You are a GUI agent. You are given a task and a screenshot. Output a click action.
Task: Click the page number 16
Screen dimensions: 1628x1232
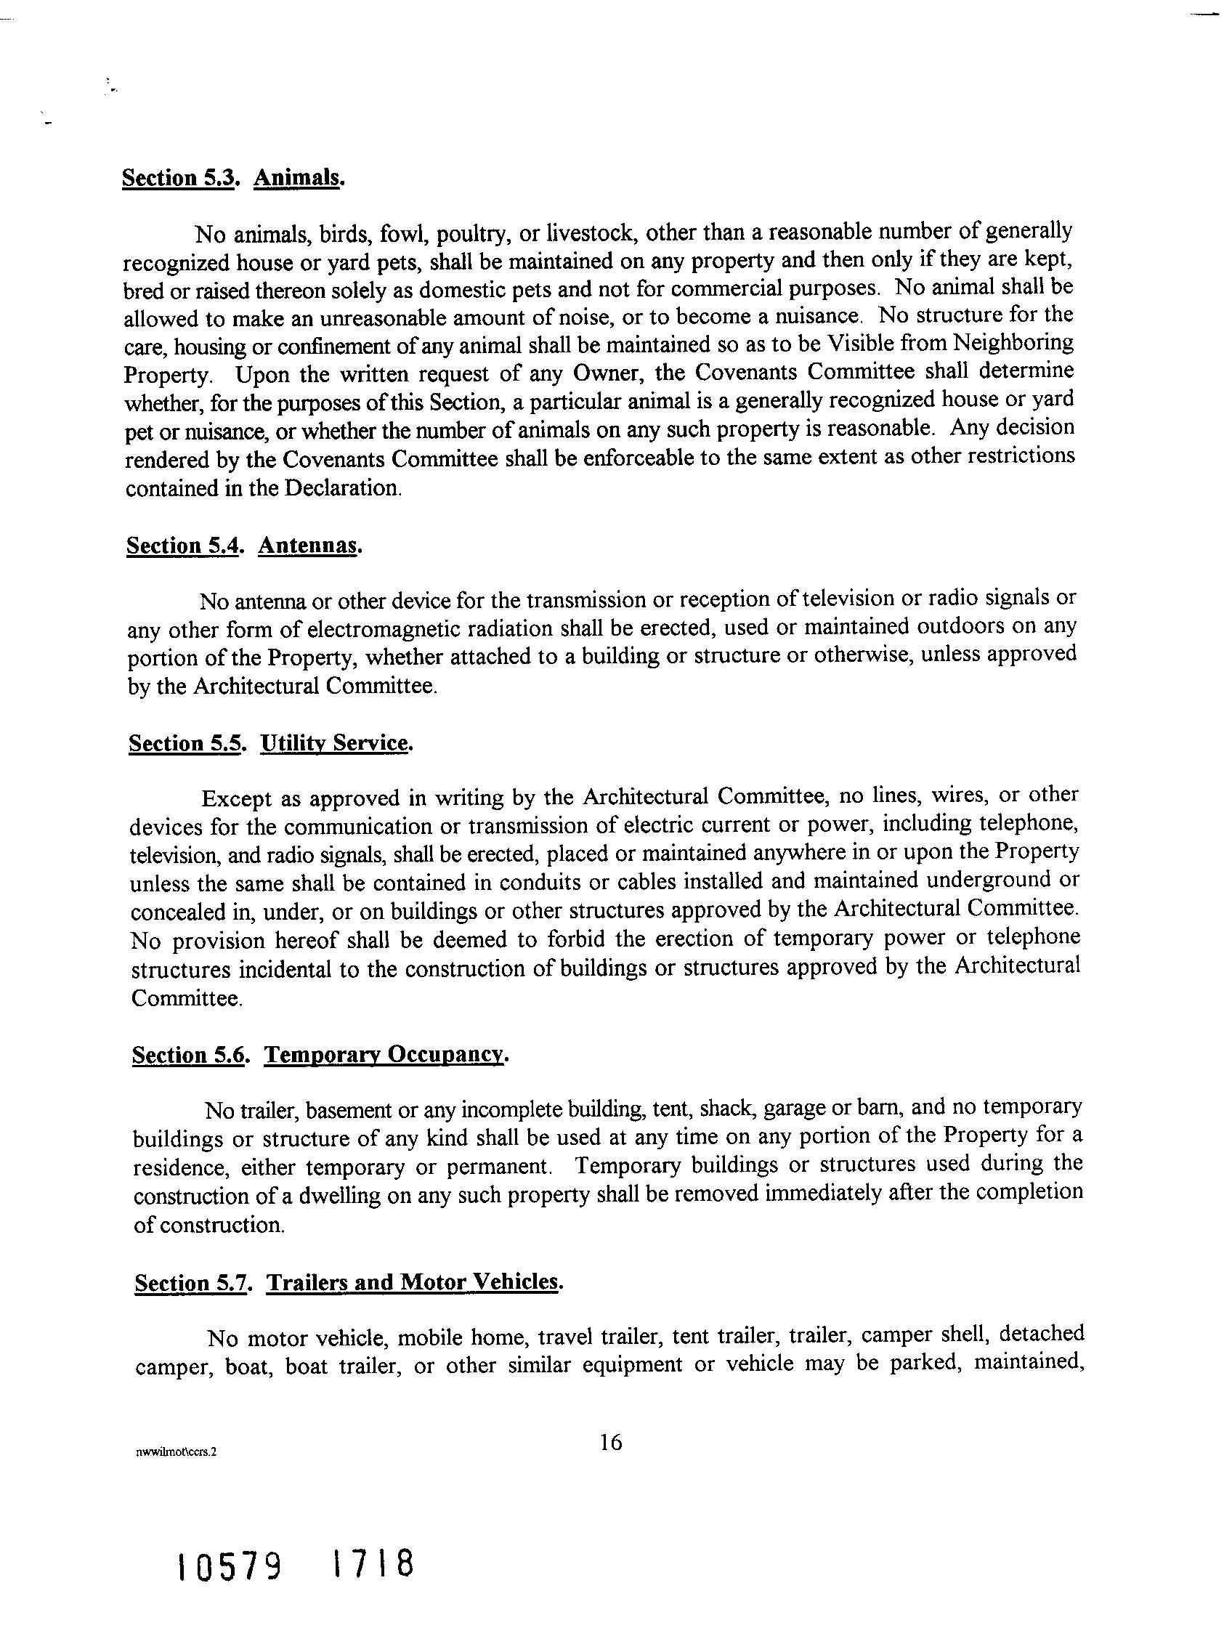point(611,1442)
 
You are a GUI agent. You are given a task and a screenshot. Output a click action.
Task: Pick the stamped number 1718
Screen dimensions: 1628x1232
point(373,1562)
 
